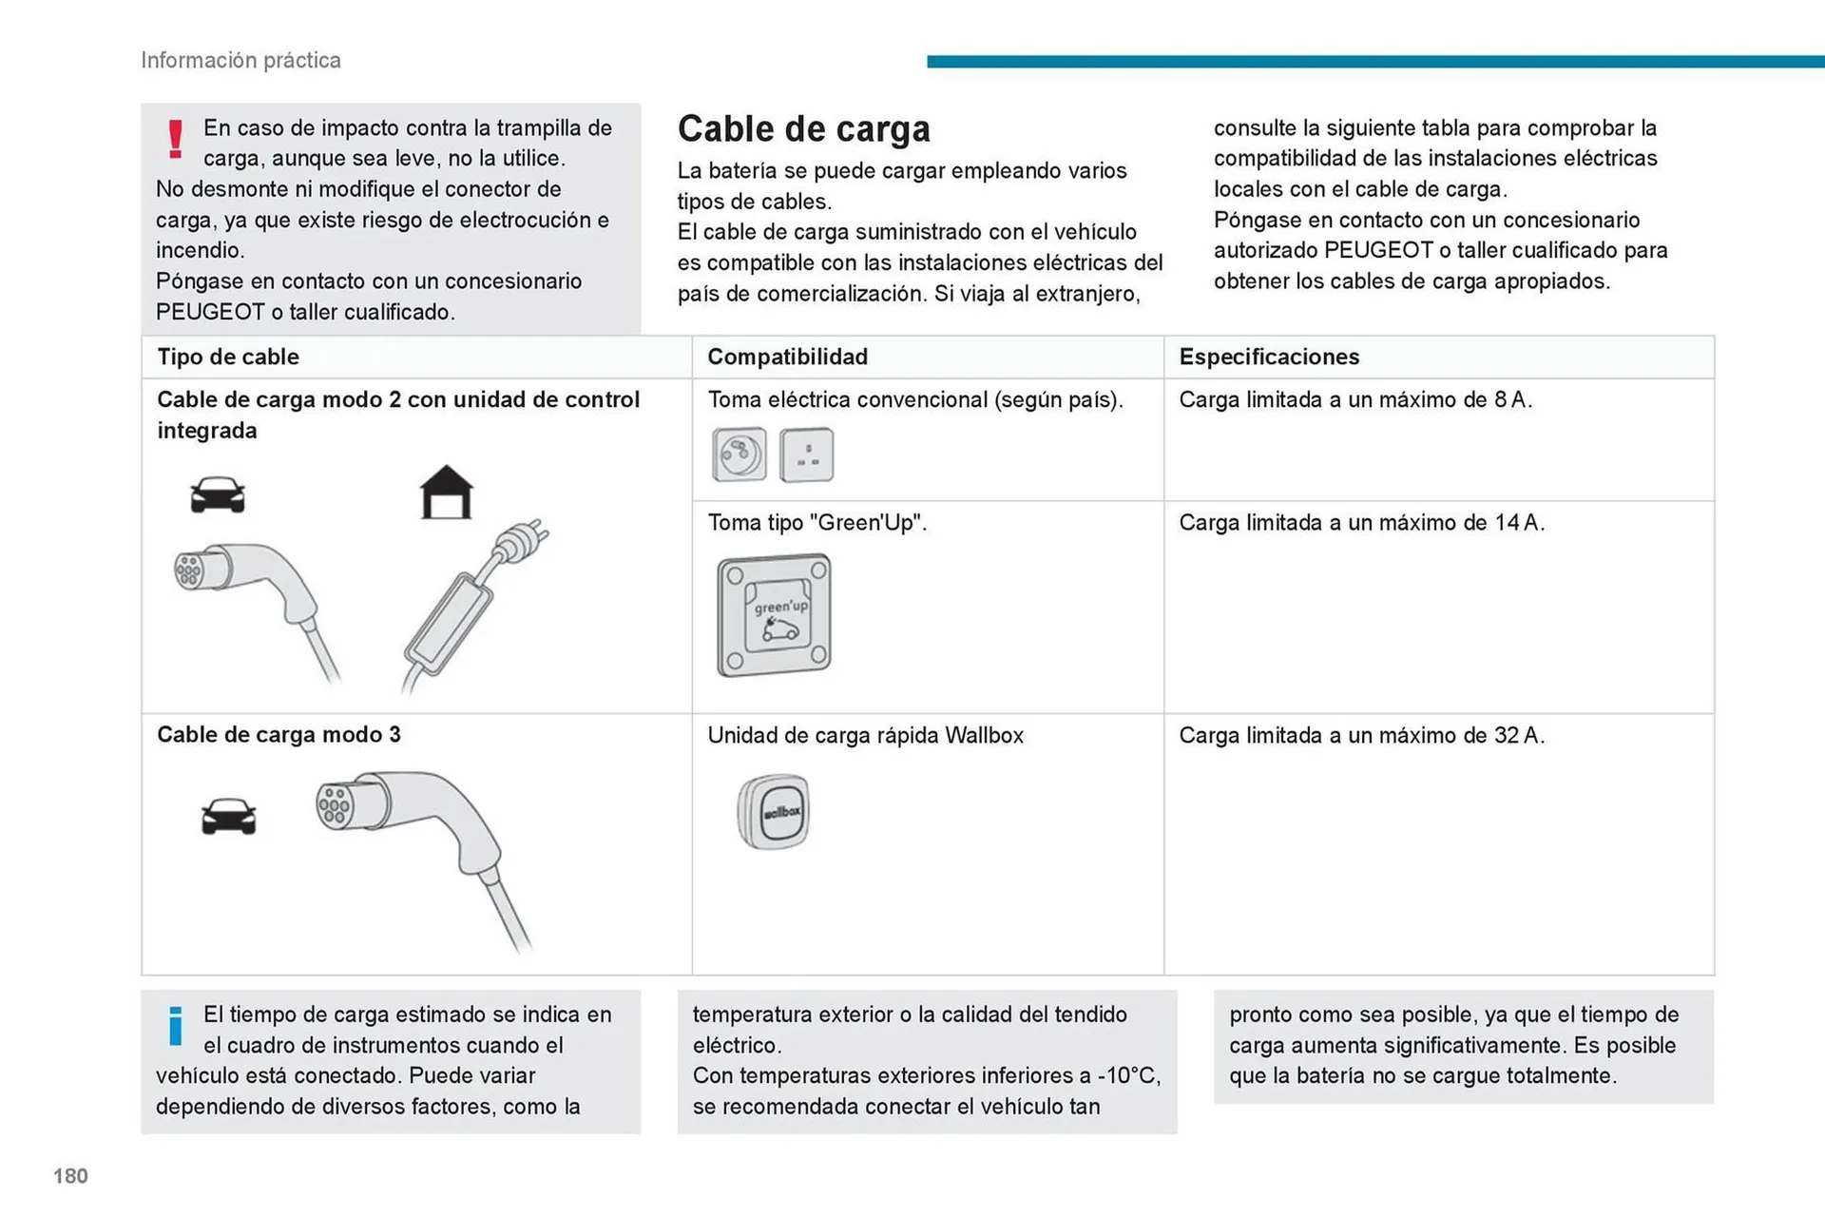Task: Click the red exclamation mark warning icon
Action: pos(175,139)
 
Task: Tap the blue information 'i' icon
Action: pos(175,1026)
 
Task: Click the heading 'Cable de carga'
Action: pos(803,128)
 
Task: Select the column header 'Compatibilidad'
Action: pos(787,357)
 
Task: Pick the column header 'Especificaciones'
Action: pos(1268,357)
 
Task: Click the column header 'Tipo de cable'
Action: pos(228,357)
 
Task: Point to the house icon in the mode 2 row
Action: pos(446,493)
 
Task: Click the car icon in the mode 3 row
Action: pos(228,816)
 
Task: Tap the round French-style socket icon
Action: pos(739,454)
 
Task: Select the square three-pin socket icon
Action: pos(806,454)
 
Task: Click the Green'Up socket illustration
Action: pos(774,616)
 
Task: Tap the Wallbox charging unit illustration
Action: pos(774,811)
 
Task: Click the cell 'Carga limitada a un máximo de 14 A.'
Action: pos(1361,522)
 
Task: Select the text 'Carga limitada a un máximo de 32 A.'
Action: pos(1361,735)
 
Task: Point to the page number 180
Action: pos(70,1176)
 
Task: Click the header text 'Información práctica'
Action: pos(240,60)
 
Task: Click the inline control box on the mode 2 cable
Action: pos(449,622)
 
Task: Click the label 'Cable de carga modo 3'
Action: pos(279,734)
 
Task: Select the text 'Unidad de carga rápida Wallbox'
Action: pos(865,735)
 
